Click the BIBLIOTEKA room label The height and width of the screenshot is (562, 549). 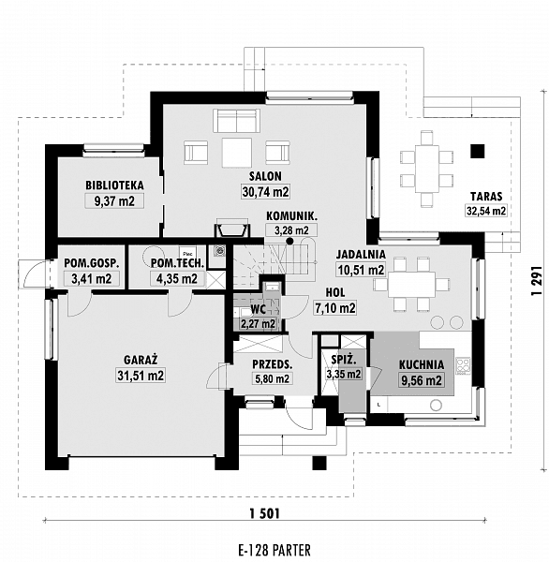pos(113,185)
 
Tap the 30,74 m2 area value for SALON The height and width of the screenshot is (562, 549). pos(261,191)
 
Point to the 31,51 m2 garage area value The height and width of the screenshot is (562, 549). pos(140,376)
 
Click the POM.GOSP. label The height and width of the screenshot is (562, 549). pos(90,263)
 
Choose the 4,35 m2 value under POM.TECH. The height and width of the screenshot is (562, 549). pos(176,278)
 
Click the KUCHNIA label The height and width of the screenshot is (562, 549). pos(421,365)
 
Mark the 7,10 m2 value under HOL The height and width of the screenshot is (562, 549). pos(334,307)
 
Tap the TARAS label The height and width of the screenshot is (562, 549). pos(487,197)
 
